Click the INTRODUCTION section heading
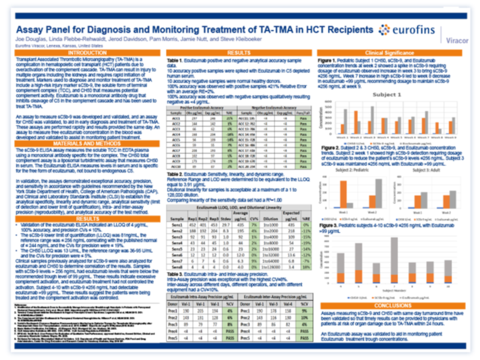point(81,54)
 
